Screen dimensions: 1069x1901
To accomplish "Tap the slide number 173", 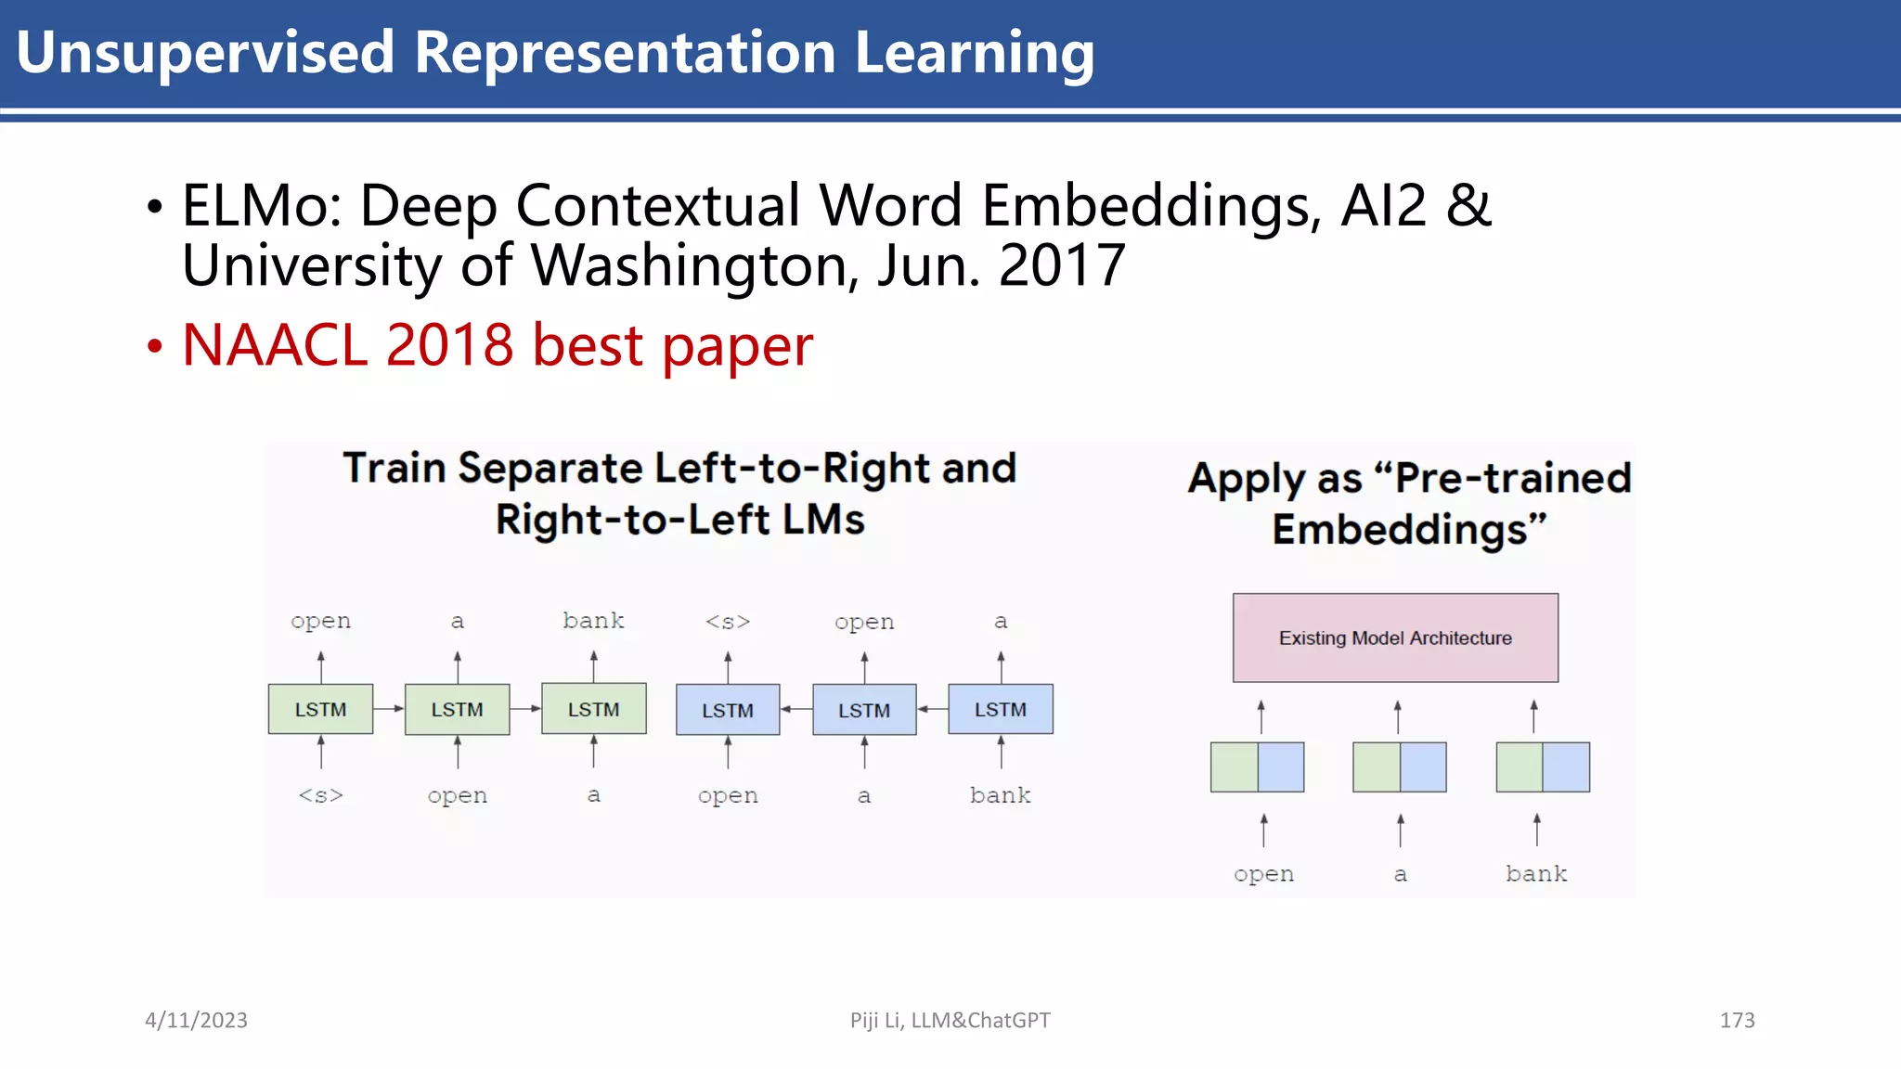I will click(x=1737, y=1020).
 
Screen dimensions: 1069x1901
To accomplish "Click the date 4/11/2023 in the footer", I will click(x=196, y=1020).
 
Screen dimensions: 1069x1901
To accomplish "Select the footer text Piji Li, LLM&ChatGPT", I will click(x=950, y=1020).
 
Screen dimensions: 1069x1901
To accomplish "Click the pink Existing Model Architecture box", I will click(x=1394, y=638).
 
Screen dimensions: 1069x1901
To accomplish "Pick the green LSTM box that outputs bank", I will click(x=593, y=709).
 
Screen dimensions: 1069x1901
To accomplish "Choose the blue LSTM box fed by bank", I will click(x=1000, y=709).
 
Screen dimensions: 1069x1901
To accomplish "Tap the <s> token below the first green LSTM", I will click(x=320, y=795).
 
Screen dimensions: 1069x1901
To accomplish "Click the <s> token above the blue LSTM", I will click(x=728, y=621).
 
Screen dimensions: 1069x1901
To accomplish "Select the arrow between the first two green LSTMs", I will click(x=389, y=709).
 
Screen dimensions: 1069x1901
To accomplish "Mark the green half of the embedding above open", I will click(x=1235, y=766).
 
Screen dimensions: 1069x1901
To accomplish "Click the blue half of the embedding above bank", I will click(x=1566, y=766).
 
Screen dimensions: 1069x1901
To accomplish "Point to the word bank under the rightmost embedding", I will click(x=1536, y=873).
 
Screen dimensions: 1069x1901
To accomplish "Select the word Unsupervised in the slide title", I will click(x=205, y=52).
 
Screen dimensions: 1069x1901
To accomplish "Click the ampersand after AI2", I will click(x=1468, y=206).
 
